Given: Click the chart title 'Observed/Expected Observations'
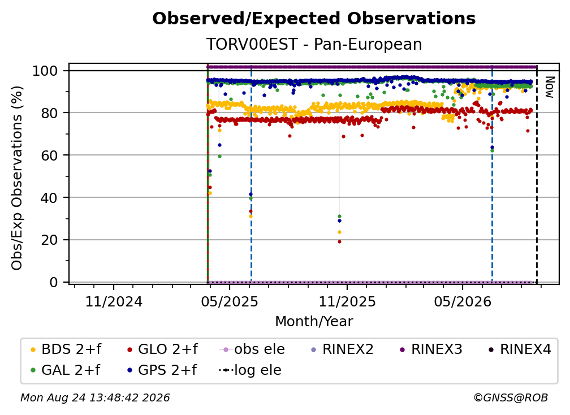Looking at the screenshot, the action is [x=314, y=19].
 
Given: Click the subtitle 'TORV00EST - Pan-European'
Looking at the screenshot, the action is [x=314, y=44].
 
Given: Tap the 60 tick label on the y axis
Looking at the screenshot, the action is [x=49, y=155].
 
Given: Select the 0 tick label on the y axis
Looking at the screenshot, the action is [x=54, y=282].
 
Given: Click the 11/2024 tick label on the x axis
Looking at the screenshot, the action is [x=114, y=301].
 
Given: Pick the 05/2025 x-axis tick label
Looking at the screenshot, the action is [x=230, y=301].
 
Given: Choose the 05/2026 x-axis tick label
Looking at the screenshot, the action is [x=463, y=301].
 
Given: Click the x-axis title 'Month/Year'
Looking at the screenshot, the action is [x=314, y=321].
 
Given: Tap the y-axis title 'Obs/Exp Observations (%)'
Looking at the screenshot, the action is [x=17, y=178].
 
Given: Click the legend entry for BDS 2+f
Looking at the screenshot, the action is [x=66, y=349].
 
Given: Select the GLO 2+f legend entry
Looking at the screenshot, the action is [x=163, y=349].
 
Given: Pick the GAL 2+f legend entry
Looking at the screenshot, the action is [x=66, y=370].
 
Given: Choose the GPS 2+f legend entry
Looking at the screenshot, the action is [x=162, y=370].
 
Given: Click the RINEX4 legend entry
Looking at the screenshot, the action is [x=520, y=349].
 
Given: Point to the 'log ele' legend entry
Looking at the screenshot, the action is [x=250, y=370].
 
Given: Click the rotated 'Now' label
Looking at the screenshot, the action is [x=549, y=87].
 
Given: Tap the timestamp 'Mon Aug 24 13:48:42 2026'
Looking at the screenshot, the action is [x=95, y=397].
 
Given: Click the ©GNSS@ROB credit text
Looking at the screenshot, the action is [x=511, y=397].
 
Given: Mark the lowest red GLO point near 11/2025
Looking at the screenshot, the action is [x=339, y=241].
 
